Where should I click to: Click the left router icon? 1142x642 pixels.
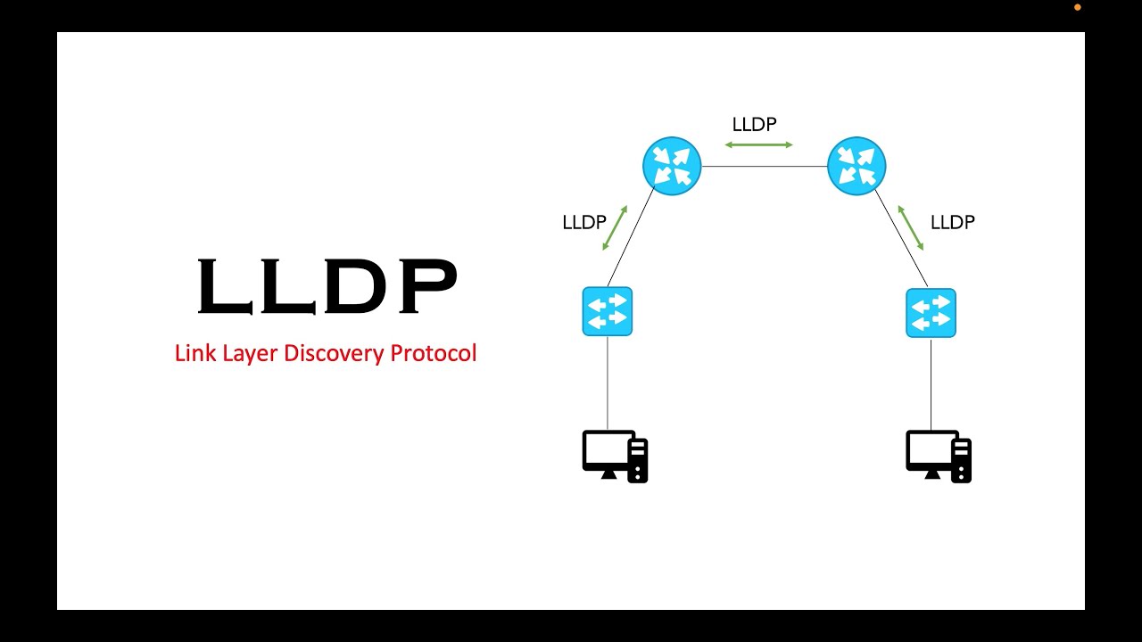tap(672, 166)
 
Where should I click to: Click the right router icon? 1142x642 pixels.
tap(856, 166)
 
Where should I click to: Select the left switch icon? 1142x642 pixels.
tap(608, 311)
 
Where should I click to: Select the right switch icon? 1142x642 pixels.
tap(931, 313)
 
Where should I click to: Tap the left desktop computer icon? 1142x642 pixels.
tap(615, 457)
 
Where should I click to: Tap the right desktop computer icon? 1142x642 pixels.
tap(939, 457)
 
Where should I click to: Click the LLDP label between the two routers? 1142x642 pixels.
tap(754, 125)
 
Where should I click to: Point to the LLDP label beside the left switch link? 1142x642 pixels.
tap(584, 223)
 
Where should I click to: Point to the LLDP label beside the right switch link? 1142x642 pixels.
tap(953, 223)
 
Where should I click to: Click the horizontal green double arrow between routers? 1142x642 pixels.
tap(758, 144)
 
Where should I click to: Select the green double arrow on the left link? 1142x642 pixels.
tap(616, 228)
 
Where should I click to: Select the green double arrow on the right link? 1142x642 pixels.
tap(911, 228)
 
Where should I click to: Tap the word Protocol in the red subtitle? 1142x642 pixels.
tap(434, 353)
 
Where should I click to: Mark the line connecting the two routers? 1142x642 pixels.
tap(765, 167)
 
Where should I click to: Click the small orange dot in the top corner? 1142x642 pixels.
tap(1077, 7)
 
